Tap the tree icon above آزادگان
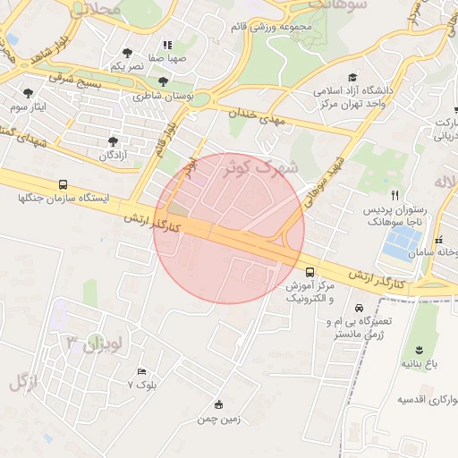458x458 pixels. pos(113,140)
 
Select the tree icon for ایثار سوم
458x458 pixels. pos(29,92)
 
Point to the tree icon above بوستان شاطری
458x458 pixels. pos(162,81)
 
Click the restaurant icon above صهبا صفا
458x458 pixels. pos(166,45)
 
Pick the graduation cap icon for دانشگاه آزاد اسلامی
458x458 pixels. pos(353,78)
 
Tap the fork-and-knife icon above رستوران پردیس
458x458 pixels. pos(394,195)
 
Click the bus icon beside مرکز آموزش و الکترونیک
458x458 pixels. pos(310,271)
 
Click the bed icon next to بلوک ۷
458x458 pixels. pos(141,371)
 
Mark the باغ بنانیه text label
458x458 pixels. pos(419,364)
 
